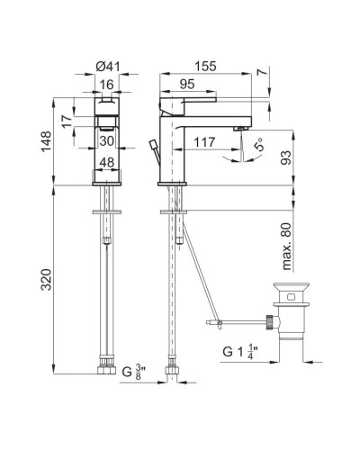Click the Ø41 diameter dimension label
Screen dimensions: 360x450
pyautogui.click(x=108, y=67)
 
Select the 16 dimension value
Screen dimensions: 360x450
pyautogui.click(x=107, y=85)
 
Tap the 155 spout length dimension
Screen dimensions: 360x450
pyautogui.click(x=205, y=66)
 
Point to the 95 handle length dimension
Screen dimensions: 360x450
pyautogui.click(x=187, y=85)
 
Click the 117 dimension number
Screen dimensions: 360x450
pyautogui.click(x=204, y=142)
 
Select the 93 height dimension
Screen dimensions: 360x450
pyautogui.click(x=286, y=157)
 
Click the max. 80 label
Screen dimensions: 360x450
pyautogui.click(x=286, y=247)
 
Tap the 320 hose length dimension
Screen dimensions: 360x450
pyautogui.click(x=46, y=280)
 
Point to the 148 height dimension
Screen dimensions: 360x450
pyautogui.click(x=46, y=141)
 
